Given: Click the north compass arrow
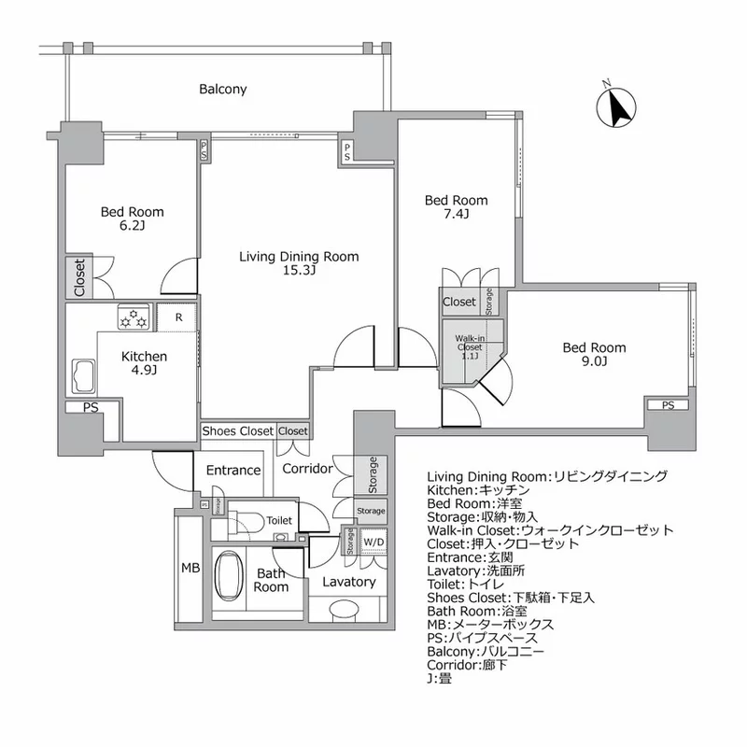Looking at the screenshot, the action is coord(616,106).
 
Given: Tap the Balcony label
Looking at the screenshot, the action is coord(222,90).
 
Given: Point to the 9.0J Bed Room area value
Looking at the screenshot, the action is coord(594,362).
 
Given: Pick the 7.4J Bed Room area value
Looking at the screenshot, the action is coord(457,215).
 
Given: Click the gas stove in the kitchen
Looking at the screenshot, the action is coord(133,317).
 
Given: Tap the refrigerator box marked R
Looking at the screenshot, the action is coord(178,317).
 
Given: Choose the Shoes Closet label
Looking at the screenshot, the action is coord(238,431).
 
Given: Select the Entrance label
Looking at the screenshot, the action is coord(233,470).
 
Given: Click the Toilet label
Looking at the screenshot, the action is coord(279,520).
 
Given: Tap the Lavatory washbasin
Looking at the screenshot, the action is coord(345,608).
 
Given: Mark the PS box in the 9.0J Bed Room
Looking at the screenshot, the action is coord(668,405).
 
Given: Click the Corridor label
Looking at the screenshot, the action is coord(308,468).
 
